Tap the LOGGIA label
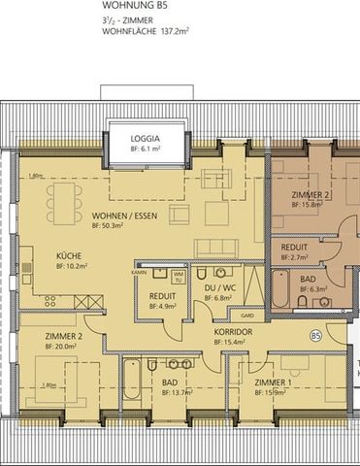[147, 138]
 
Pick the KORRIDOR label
[234, 331]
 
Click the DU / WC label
[219, 289]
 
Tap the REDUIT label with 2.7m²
[294, 248]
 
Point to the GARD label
[246, 316]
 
